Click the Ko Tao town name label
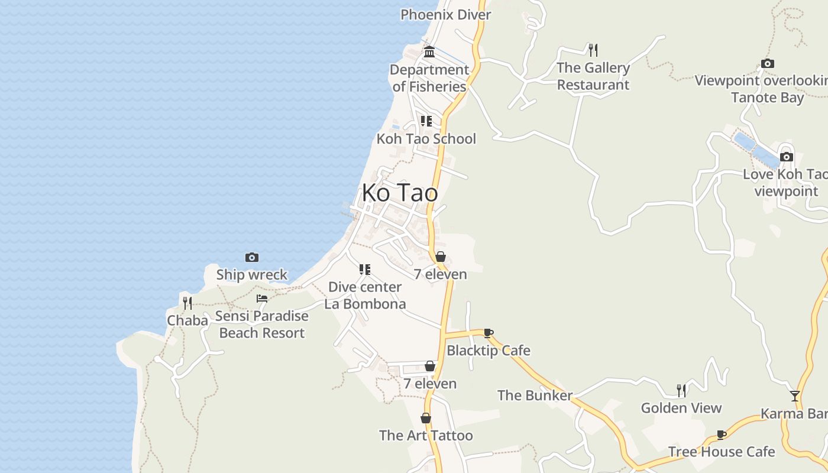(400, 193)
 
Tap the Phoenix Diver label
(445, 15)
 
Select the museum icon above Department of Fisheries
(429, 52)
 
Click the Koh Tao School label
(426, 139)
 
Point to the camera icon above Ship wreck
(252, 257)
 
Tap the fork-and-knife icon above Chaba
(187, 303)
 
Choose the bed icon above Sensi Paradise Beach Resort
(261, 299)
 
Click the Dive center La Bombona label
(365, 295)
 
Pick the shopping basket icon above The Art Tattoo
(425, 418)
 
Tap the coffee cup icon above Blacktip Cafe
(488, 333)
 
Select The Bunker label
(535, 396)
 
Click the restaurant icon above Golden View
(681, 390)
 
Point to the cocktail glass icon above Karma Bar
(795, 396)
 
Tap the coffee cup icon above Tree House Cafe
(721, 435)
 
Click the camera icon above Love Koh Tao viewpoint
(786, 157)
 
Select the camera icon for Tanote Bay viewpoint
(768, 63)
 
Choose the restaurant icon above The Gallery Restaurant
(593, 50)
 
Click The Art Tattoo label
(426, 436)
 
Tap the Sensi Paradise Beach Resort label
(261, 324)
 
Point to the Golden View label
(681, 408)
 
